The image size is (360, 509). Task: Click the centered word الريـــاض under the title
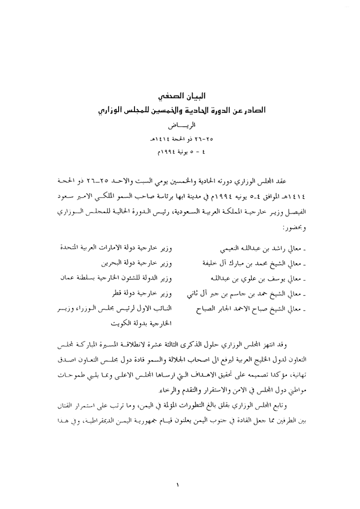pos(180,127)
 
